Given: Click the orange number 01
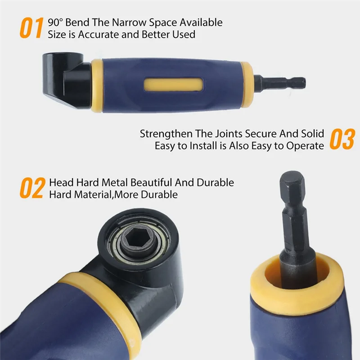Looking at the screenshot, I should click(x=31, y=27).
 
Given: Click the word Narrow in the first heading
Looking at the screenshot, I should click(x=121, y=22).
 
